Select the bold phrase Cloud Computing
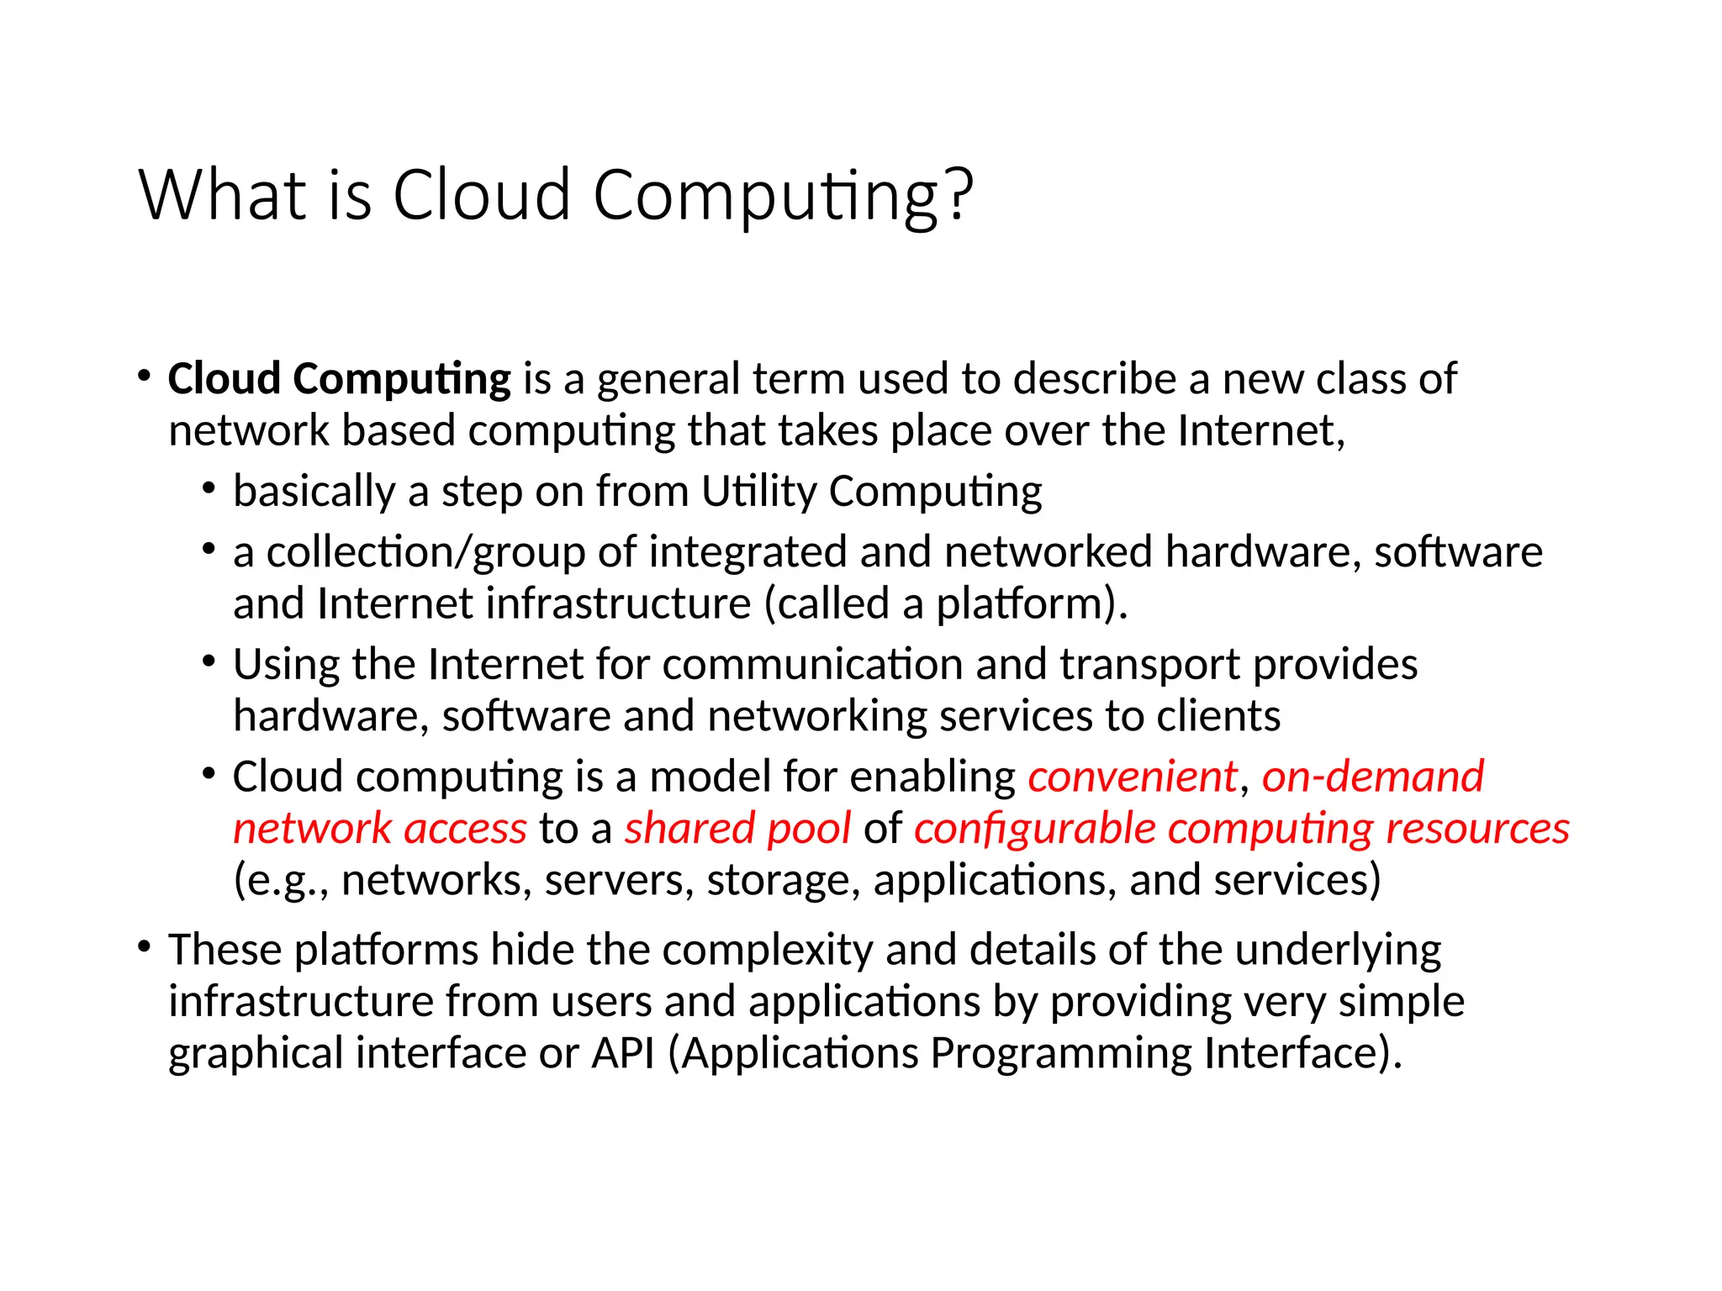click(x=339, y=379)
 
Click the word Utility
click(x=758, y=492)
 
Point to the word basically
click(x=314, y=492)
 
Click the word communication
click(x=812, y=665)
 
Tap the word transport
click(x=1149, y=665)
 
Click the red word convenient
click(x=1133, y=777)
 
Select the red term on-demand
click(x=1372, y=777)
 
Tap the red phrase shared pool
click(x=737, y=829)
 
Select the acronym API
click(x=623, y=1053)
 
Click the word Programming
click(x=1060, y=1053)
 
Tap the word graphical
click(x=256, y=1053)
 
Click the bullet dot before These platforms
click(x=145, y=947)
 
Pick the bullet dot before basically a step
click(x=209, y=488)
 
